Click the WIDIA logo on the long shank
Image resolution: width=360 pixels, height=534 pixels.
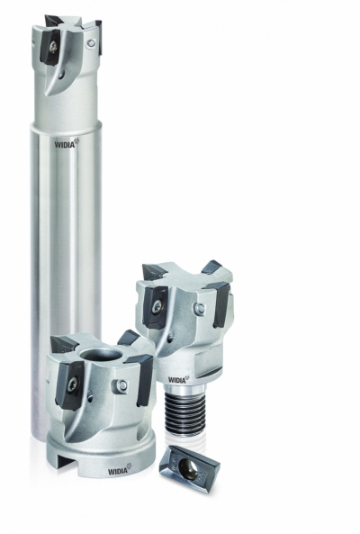(67, 143)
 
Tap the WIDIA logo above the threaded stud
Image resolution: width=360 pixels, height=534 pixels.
(178, 379)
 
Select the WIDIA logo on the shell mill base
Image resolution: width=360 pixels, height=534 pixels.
(120, 470)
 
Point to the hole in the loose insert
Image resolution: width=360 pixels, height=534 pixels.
(187, 466)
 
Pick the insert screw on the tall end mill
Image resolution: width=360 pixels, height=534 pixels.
(55, 49)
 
